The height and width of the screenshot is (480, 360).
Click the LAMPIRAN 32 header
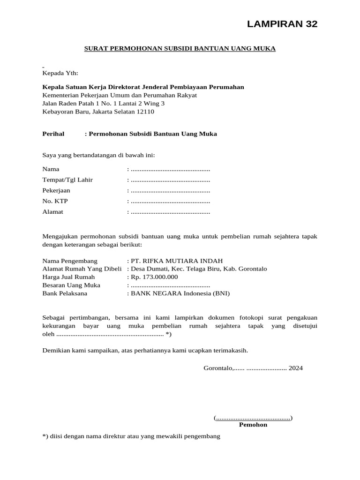point(282,24)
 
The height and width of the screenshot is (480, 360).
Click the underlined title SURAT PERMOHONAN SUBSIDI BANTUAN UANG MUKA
point(180,48)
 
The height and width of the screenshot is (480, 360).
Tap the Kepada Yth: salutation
point(60,73)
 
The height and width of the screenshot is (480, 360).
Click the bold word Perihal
point(53,134)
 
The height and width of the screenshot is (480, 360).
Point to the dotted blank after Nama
point(170,169)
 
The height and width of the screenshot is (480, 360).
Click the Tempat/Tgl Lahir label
point(67,180)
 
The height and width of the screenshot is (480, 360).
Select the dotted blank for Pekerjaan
point(170,191)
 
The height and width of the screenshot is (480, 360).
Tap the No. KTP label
point(55,201)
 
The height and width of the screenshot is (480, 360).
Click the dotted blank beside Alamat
point(170,212)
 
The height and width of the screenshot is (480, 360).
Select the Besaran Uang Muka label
point(71,285)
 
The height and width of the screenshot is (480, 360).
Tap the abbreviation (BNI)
point(221,293)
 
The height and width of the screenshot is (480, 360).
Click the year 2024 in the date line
point(295,368)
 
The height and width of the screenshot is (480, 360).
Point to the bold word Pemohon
point(253,425)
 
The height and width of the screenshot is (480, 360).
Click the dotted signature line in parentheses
point(253,417)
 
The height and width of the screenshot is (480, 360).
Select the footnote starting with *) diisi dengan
point(131,436)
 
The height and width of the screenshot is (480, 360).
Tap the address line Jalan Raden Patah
point(103,103)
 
